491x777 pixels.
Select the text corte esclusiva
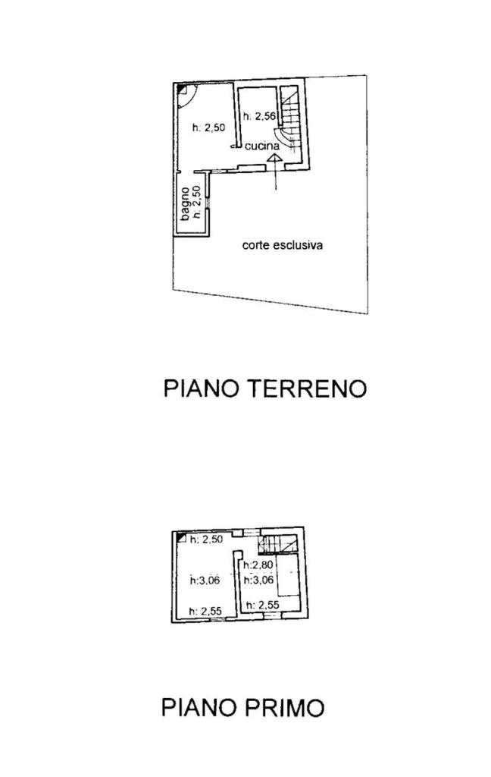[283, 245]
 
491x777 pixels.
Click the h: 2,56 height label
[258, 116]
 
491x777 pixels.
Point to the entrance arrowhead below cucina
[275, 158]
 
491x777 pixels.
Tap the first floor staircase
[275, 544]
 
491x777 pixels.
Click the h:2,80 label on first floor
[257, 565]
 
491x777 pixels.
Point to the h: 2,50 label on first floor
[205, 539]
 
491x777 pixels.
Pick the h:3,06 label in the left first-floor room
[205, 580]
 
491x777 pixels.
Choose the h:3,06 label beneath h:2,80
[257, 580]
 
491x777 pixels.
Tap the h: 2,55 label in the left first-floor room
[205, 611]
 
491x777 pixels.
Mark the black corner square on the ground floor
[182, 90]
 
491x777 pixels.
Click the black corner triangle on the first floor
[180, 539]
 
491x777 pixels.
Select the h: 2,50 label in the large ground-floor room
[209, 128]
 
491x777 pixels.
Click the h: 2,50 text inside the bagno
[195, 203]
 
